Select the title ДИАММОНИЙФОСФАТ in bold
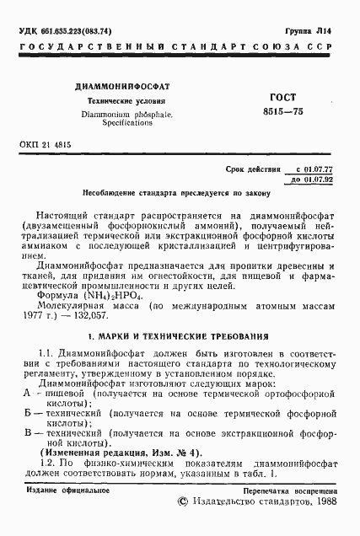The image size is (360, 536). (122, 87)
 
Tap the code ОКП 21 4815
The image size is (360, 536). (46, 144)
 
